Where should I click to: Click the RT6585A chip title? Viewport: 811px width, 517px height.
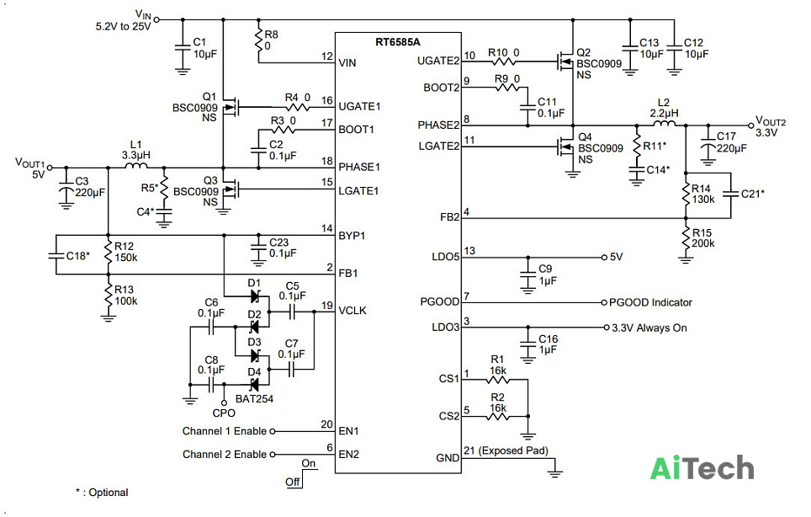(398, 42)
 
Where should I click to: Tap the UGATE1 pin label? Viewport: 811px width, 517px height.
(359, 107)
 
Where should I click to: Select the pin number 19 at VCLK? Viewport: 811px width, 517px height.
(327, 306)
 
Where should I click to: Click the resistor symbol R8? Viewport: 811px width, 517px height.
(258, 39)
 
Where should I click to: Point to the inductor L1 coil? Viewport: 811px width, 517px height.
(136, 166)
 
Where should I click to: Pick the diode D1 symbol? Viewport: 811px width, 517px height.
(254, 296)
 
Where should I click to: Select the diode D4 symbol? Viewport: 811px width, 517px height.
(254, 385)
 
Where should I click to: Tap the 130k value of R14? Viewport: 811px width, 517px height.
(703, 200)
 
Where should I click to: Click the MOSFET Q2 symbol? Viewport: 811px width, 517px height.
(565, 61)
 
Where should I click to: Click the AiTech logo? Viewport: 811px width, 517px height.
(702, 467)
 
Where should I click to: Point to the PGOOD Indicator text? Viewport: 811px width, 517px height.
(650, 302)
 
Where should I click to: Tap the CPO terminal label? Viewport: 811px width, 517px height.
(224, 413)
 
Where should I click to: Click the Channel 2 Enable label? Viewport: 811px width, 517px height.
(225, 455)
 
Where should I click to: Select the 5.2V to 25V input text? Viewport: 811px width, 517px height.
(123, 26)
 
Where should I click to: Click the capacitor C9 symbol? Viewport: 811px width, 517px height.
(527, 275)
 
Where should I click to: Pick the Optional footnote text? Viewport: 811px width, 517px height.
(102, 492)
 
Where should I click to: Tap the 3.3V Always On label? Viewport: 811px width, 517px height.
(649, 328)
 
